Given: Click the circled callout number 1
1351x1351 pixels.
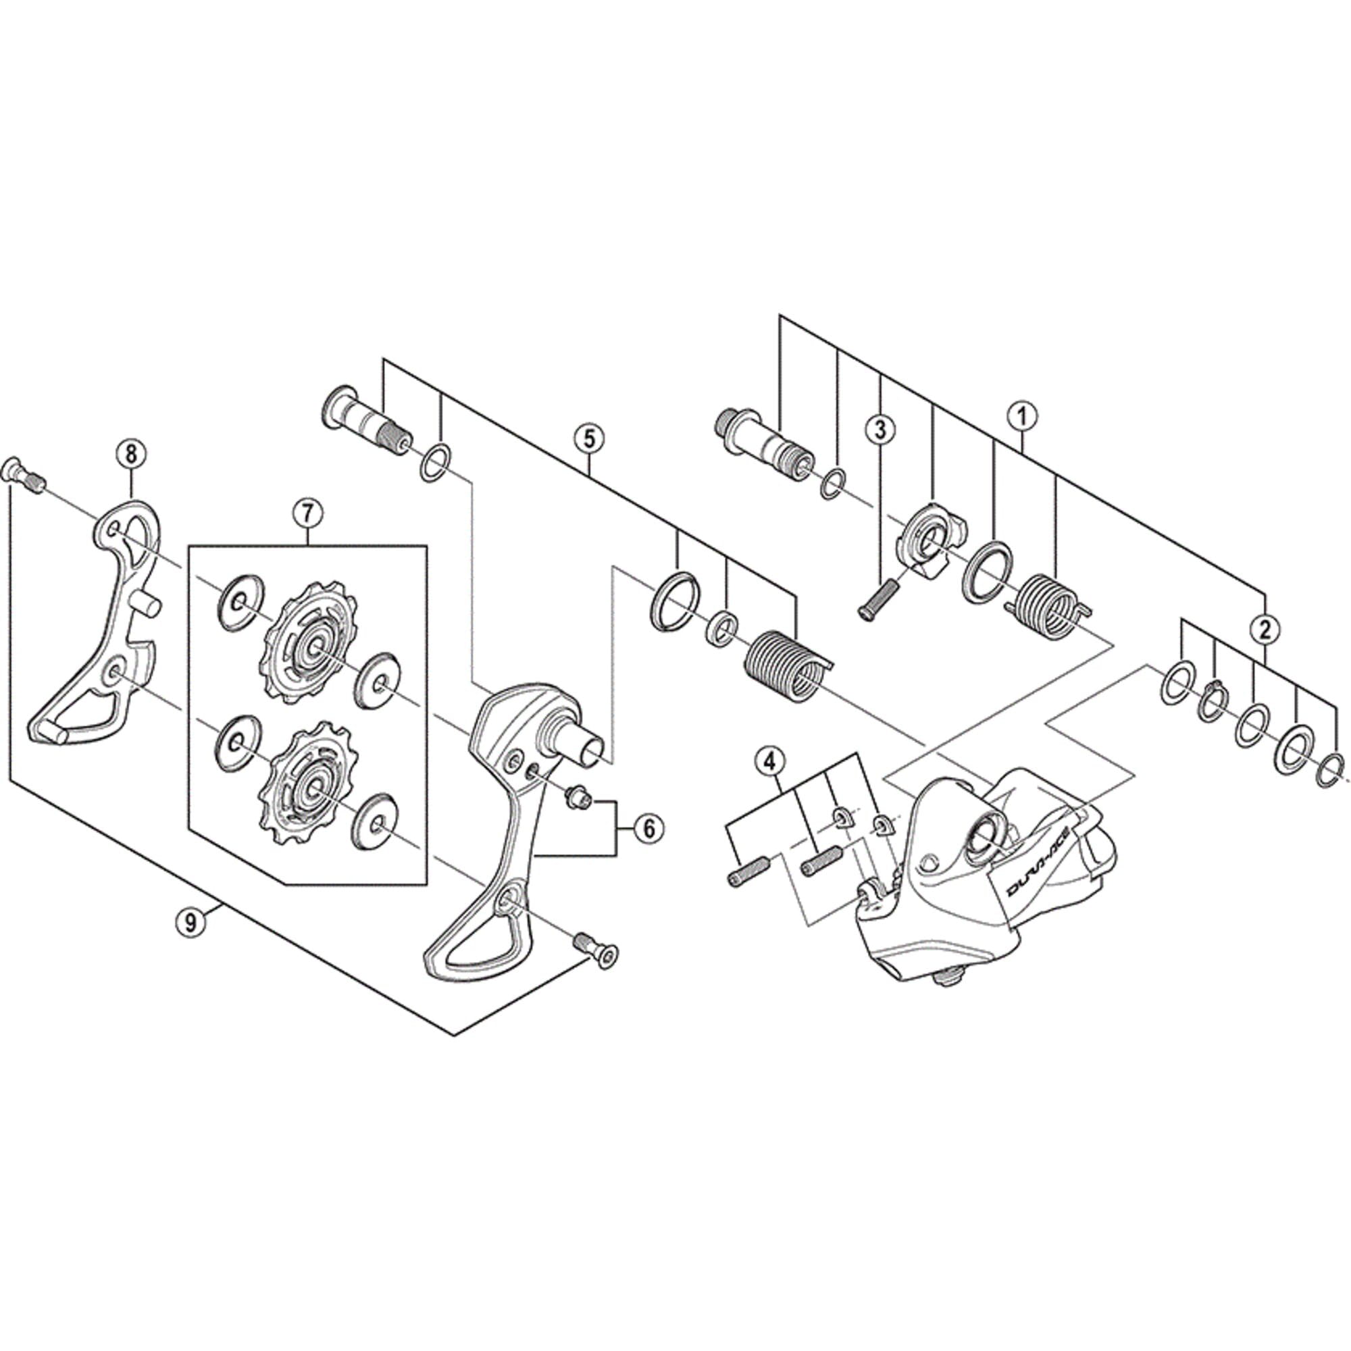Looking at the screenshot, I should coord(1022,416).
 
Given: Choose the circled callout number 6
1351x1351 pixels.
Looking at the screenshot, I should coord(648,829).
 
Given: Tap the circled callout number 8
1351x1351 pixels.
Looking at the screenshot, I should coord(132,454).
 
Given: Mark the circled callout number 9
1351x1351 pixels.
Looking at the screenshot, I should coord(190,921).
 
